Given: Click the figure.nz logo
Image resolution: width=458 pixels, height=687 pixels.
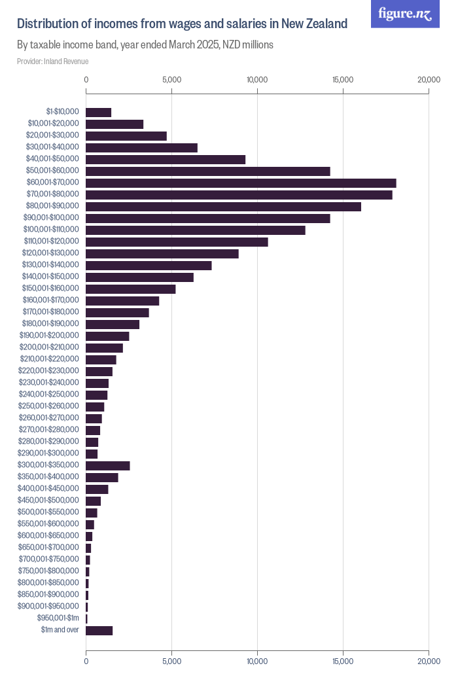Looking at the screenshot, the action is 405,14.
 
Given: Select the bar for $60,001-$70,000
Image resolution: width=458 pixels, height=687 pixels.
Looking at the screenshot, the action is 241,183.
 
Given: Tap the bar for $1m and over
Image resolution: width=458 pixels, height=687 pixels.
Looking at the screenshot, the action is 99,631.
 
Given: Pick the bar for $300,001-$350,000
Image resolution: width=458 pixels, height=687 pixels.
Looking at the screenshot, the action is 108,466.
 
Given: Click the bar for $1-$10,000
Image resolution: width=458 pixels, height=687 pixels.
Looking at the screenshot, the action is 99,113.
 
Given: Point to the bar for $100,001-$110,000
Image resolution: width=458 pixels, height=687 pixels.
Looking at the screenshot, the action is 196,230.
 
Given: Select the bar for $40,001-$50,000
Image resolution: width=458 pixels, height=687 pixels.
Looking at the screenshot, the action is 166,160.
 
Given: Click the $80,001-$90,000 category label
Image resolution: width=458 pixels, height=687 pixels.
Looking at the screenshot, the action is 52,205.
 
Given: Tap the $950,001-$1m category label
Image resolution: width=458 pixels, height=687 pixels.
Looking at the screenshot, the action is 58,618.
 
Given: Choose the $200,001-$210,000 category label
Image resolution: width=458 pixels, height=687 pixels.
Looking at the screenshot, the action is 50,347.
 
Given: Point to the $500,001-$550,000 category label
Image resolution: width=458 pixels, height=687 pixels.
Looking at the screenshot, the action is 48,512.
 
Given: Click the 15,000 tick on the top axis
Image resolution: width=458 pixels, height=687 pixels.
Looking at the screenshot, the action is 343,80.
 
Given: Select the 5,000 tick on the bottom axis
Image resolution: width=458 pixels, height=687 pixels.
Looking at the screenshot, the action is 172,661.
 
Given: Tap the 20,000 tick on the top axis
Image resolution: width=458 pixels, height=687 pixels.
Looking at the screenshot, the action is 429,80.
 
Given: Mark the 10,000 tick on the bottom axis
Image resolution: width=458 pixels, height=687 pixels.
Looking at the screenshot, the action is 257,661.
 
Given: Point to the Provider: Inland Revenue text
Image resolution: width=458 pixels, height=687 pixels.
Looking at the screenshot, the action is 52,62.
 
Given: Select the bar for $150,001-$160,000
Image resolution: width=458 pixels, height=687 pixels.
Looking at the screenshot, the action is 131,289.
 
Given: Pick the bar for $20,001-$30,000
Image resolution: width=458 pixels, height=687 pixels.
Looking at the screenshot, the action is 126,136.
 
